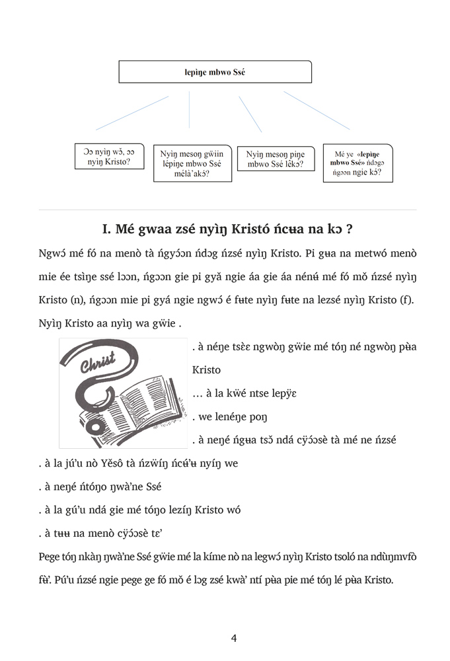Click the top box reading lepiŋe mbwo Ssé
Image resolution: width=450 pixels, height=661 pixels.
click(x=215, y=71)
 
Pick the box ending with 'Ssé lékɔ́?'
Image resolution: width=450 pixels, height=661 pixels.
click(x=276, y=159)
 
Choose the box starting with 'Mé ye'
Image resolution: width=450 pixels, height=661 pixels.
click(x=357, y=163)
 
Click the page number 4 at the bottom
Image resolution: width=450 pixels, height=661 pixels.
click(x=234, y=638)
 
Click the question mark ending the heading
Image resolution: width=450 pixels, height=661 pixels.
click(x=348, y=230)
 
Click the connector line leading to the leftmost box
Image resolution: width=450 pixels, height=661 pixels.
click(x=132, y=113)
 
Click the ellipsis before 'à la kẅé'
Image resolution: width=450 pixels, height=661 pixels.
click(x=198, y=394)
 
